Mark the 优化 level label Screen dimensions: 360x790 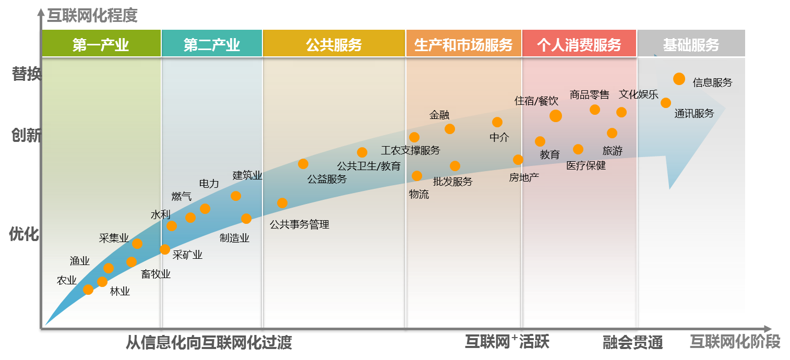24,234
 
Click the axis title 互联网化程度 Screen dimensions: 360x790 92,16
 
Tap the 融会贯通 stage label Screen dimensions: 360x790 632,343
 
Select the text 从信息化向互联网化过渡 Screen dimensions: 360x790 209,343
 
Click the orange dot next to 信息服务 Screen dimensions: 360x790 679,79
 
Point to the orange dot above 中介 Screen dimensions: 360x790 497,122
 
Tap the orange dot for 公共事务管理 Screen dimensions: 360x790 282,203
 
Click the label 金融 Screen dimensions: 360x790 439,115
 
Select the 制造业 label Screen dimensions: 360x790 234,238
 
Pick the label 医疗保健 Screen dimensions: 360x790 586,166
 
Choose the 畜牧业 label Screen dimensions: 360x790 155,274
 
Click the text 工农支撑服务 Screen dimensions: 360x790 411,151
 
